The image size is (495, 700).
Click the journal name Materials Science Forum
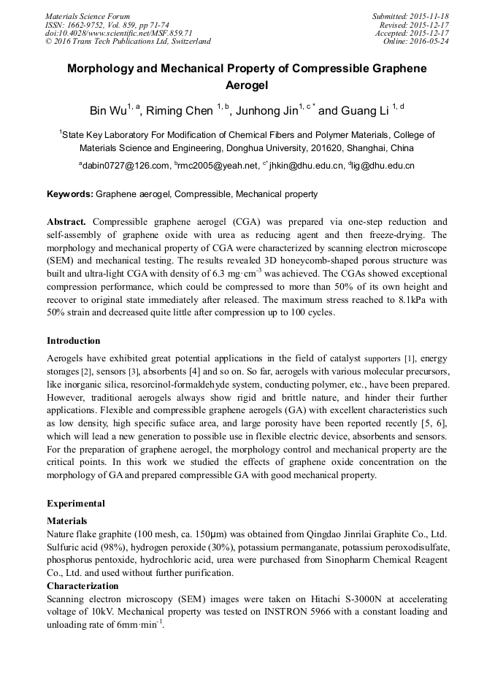click(88, 16)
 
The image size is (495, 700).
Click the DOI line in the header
click(118, 33)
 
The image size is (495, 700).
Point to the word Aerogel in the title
click(247, 85)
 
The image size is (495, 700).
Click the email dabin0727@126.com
click(126, 166)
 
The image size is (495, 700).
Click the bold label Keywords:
click(70, 194)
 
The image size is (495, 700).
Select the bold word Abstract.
click(66, 221)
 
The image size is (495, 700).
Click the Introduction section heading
click(74, 341)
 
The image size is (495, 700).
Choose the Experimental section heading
click(76, 504)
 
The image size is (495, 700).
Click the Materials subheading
click(67, 521)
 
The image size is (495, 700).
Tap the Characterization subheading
click(82, 586)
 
